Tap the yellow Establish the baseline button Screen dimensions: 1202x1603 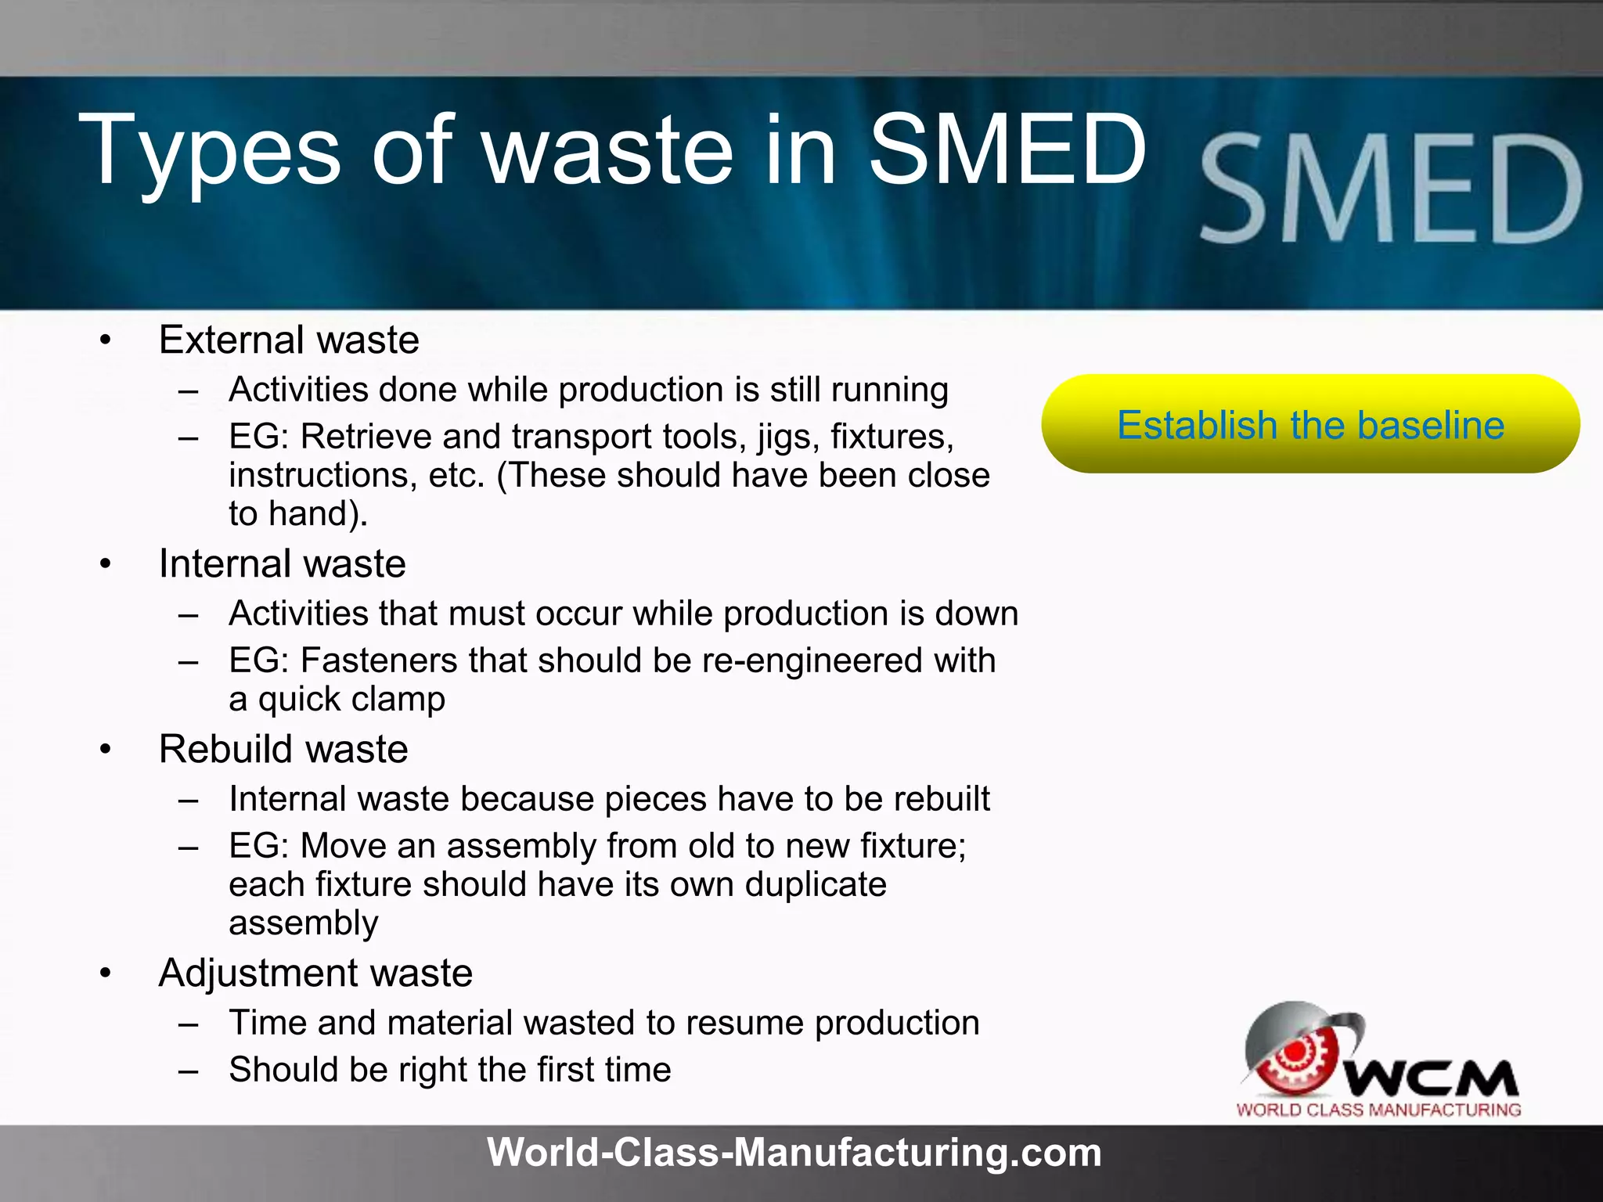coord(1310,424)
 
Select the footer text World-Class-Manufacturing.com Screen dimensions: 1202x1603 coord(794,1153)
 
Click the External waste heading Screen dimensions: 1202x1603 coord(289,340)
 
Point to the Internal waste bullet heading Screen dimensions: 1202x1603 coord(283,564)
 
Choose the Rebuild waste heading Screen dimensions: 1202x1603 coord(283,750)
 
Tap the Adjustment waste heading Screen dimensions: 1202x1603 coord(315,973)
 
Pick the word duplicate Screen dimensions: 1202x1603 coord(816,885)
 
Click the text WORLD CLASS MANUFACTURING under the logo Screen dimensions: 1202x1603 coord(1378,1110)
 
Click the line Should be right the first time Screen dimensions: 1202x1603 coord(450,1070)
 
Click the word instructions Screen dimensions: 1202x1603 coord(322,476)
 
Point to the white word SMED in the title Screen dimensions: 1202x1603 coord(1007,150)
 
